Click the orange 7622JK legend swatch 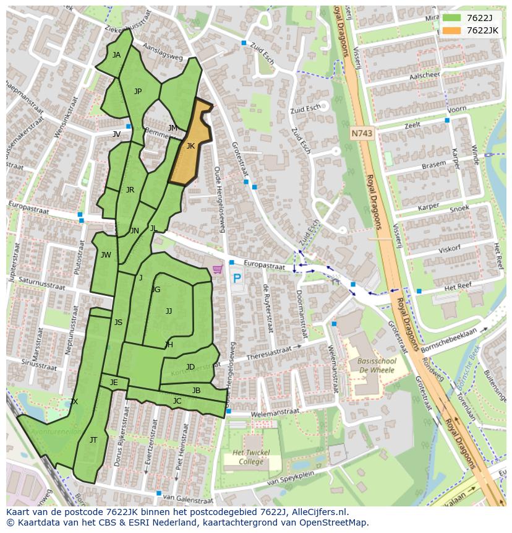point(451,30)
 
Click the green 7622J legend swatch point(451,18)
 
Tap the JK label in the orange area point(190,146)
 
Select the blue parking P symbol point(237,279)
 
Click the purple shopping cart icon point(217,269)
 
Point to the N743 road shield point(362,133)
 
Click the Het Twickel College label point(251,457)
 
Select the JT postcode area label point(93,440)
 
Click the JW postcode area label point(106,255)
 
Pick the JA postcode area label point(116,54)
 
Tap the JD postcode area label point(190,367)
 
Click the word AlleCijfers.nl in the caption point(318,512)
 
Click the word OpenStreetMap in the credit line point(338,522)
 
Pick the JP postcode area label point(138,92)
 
